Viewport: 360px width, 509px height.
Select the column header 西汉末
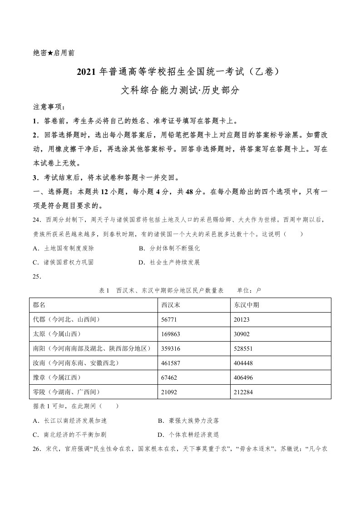[171, 305]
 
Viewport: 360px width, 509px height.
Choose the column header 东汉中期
[245, 305]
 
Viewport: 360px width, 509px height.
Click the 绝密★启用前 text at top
[54, 53]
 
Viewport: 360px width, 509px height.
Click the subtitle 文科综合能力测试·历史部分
[180, 90]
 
